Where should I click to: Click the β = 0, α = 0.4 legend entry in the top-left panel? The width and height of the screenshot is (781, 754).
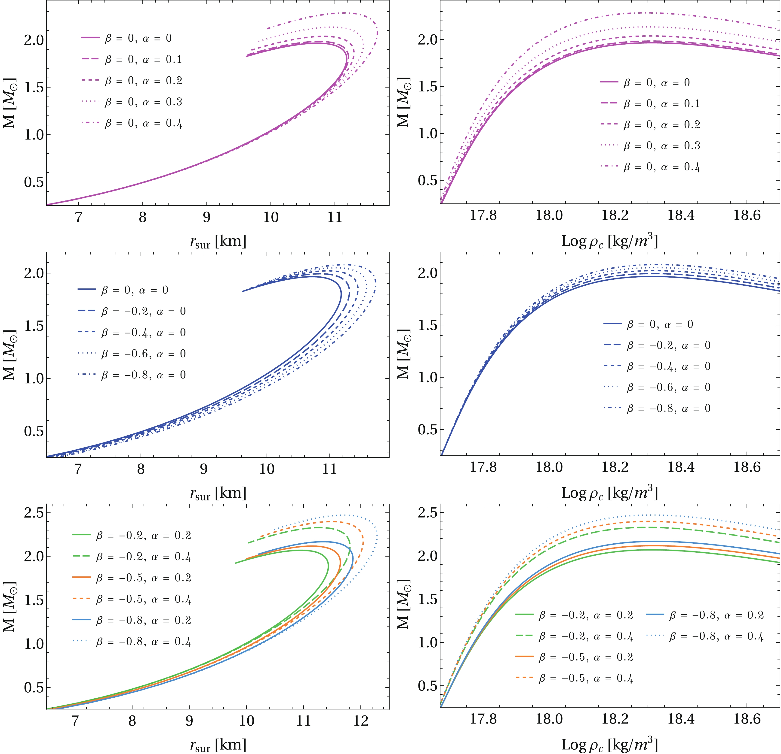132,123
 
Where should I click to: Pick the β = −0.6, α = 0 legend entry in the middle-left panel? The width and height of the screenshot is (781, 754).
132,354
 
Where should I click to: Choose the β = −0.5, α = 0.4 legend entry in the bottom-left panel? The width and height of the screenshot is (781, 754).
132,599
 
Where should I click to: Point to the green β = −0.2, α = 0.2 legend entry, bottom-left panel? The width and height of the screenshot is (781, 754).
132,536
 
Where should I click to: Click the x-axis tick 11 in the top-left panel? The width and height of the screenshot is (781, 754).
335,217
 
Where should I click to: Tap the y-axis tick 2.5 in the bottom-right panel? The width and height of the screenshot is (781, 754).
427,513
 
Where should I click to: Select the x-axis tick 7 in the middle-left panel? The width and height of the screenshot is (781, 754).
78,469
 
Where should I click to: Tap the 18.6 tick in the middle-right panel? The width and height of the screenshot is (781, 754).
747,467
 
